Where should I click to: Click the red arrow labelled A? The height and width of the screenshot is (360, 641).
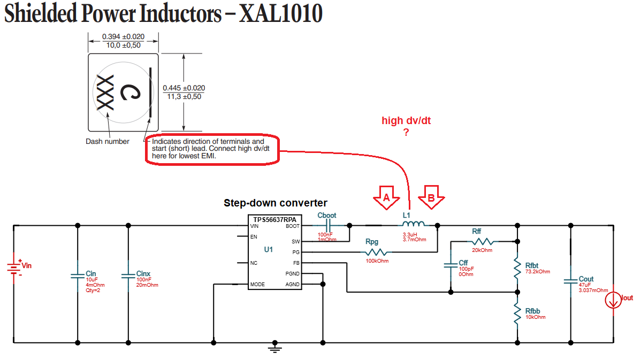(386, 197)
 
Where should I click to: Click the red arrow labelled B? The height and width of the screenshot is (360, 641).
(431, 197)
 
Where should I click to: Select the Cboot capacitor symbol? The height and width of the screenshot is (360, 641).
(327, 226)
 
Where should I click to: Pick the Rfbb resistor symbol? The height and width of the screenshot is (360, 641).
(517, 314)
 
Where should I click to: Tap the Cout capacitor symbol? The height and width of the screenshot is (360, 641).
(570, 279)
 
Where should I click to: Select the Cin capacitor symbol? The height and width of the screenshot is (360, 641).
(78, 276)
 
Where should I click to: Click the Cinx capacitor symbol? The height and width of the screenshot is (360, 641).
(128, 276)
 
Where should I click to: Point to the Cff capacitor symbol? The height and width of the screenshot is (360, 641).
(451, 265)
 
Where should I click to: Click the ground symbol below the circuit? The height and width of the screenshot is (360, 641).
(275, 349)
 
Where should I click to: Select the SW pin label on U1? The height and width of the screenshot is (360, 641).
(296, 242)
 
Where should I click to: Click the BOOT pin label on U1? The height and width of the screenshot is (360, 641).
(293, 226)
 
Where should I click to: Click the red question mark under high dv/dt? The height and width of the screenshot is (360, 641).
(406, 133)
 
